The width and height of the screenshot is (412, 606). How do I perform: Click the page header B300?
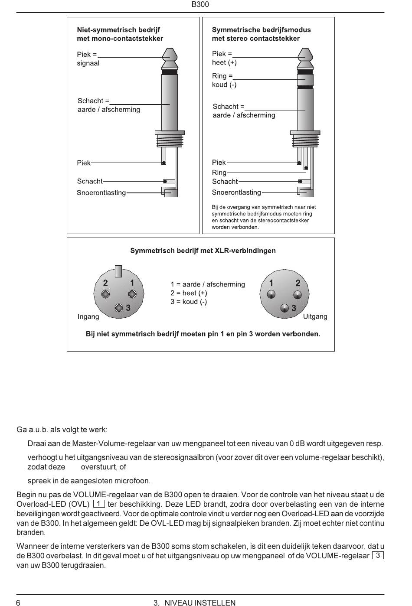tap(200, 5)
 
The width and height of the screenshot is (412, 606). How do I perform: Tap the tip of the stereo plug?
tap(305, 54)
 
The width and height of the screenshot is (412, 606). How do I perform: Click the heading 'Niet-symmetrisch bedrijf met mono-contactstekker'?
tap(120, 34)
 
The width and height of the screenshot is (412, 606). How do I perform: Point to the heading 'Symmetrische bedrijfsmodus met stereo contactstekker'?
tap(261, 34)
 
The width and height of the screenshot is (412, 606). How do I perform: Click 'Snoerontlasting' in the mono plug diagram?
tap(101, 193)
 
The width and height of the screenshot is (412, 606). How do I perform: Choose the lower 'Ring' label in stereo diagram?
tap(219, 173)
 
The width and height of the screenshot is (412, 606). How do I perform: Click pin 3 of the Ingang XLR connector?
tap(119, 308)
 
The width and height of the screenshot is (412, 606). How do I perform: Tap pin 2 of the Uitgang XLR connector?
tap(298, 295)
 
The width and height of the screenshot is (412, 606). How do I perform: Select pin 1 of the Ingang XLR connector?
tap(132, 294)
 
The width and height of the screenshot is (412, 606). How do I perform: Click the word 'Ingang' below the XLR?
tap(88, 317)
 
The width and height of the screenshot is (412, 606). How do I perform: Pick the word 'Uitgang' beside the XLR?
tap(315, 316)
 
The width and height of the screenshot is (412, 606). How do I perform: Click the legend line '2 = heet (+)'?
tap(189, 293)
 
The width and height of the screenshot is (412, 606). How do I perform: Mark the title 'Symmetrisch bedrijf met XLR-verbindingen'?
tap(203, 251)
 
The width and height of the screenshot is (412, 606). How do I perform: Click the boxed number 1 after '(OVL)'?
tap(99, 504)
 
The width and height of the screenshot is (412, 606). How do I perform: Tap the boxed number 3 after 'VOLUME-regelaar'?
tap(378, 555)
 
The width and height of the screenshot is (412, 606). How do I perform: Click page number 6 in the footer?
tap(18, 603)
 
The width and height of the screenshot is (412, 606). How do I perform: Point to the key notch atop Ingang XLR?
tap(118, 271)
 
